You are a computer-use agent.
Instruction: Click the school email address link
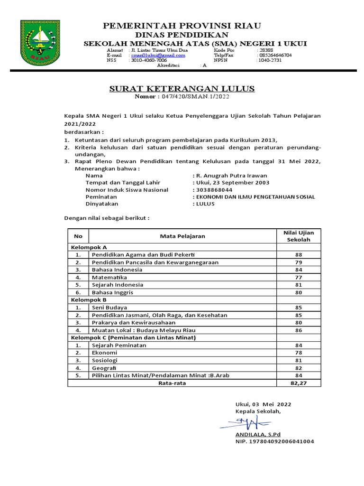coord(157,55)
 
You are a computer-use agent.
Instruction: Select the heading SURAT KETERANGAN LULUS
coord(182,88)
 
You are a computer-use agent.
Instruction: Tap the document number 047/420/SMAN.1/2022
coord(196,96)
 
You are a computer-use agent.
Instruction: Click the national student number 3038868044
coord(213,189)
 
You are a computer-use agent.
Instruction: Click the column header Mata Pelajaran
coord(182,236)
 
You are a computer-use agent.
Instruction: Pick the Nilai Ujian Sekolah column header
coord(299,236)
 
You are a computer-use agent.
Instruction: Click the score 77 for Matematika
coord(299,277)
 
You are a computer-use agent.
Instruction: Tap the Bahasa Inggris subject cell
coord(113,292)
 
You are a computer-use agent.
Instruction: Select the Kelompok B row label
coord(89,300)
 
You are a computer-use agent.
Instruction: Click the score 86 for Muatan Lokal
coord(299,330)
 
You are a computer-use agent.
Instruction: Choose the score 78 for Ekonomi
coord(299,353)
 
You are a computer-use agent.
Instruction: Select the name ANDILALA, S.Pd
coord(258,434)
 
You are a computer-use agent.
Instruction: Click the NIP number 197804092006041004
coord(274,441)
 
